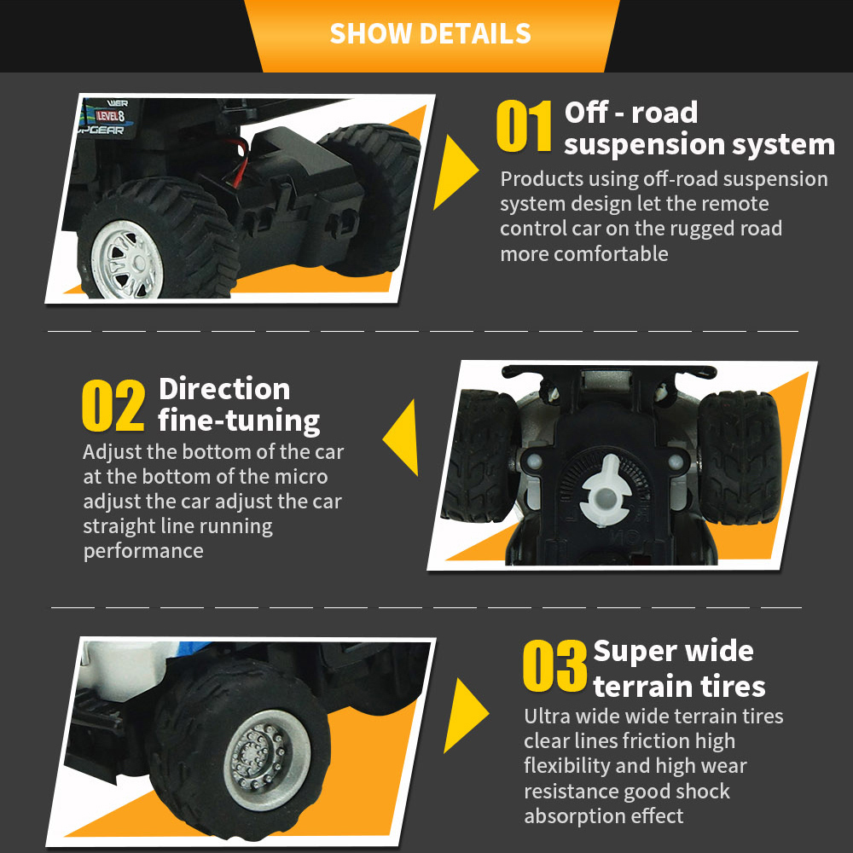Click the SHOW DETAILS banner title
click(x=430, y=33)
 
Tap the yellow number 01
click(x=525, y=126)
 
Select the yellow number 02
click(x=113, y=405)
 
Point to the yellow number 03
click(x=555, y=665)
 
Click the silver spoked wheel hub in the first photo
click(x=127, y=260)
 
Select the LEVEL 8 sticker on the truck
click(x=110, y=115)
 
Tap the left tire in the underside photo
click(x=479, y=456)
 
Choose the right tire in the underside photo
click(x=740, y=457)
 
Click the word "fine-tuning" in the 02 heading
click(x=239, y=421)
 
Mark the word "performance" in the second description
click(x=143, y=551)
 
